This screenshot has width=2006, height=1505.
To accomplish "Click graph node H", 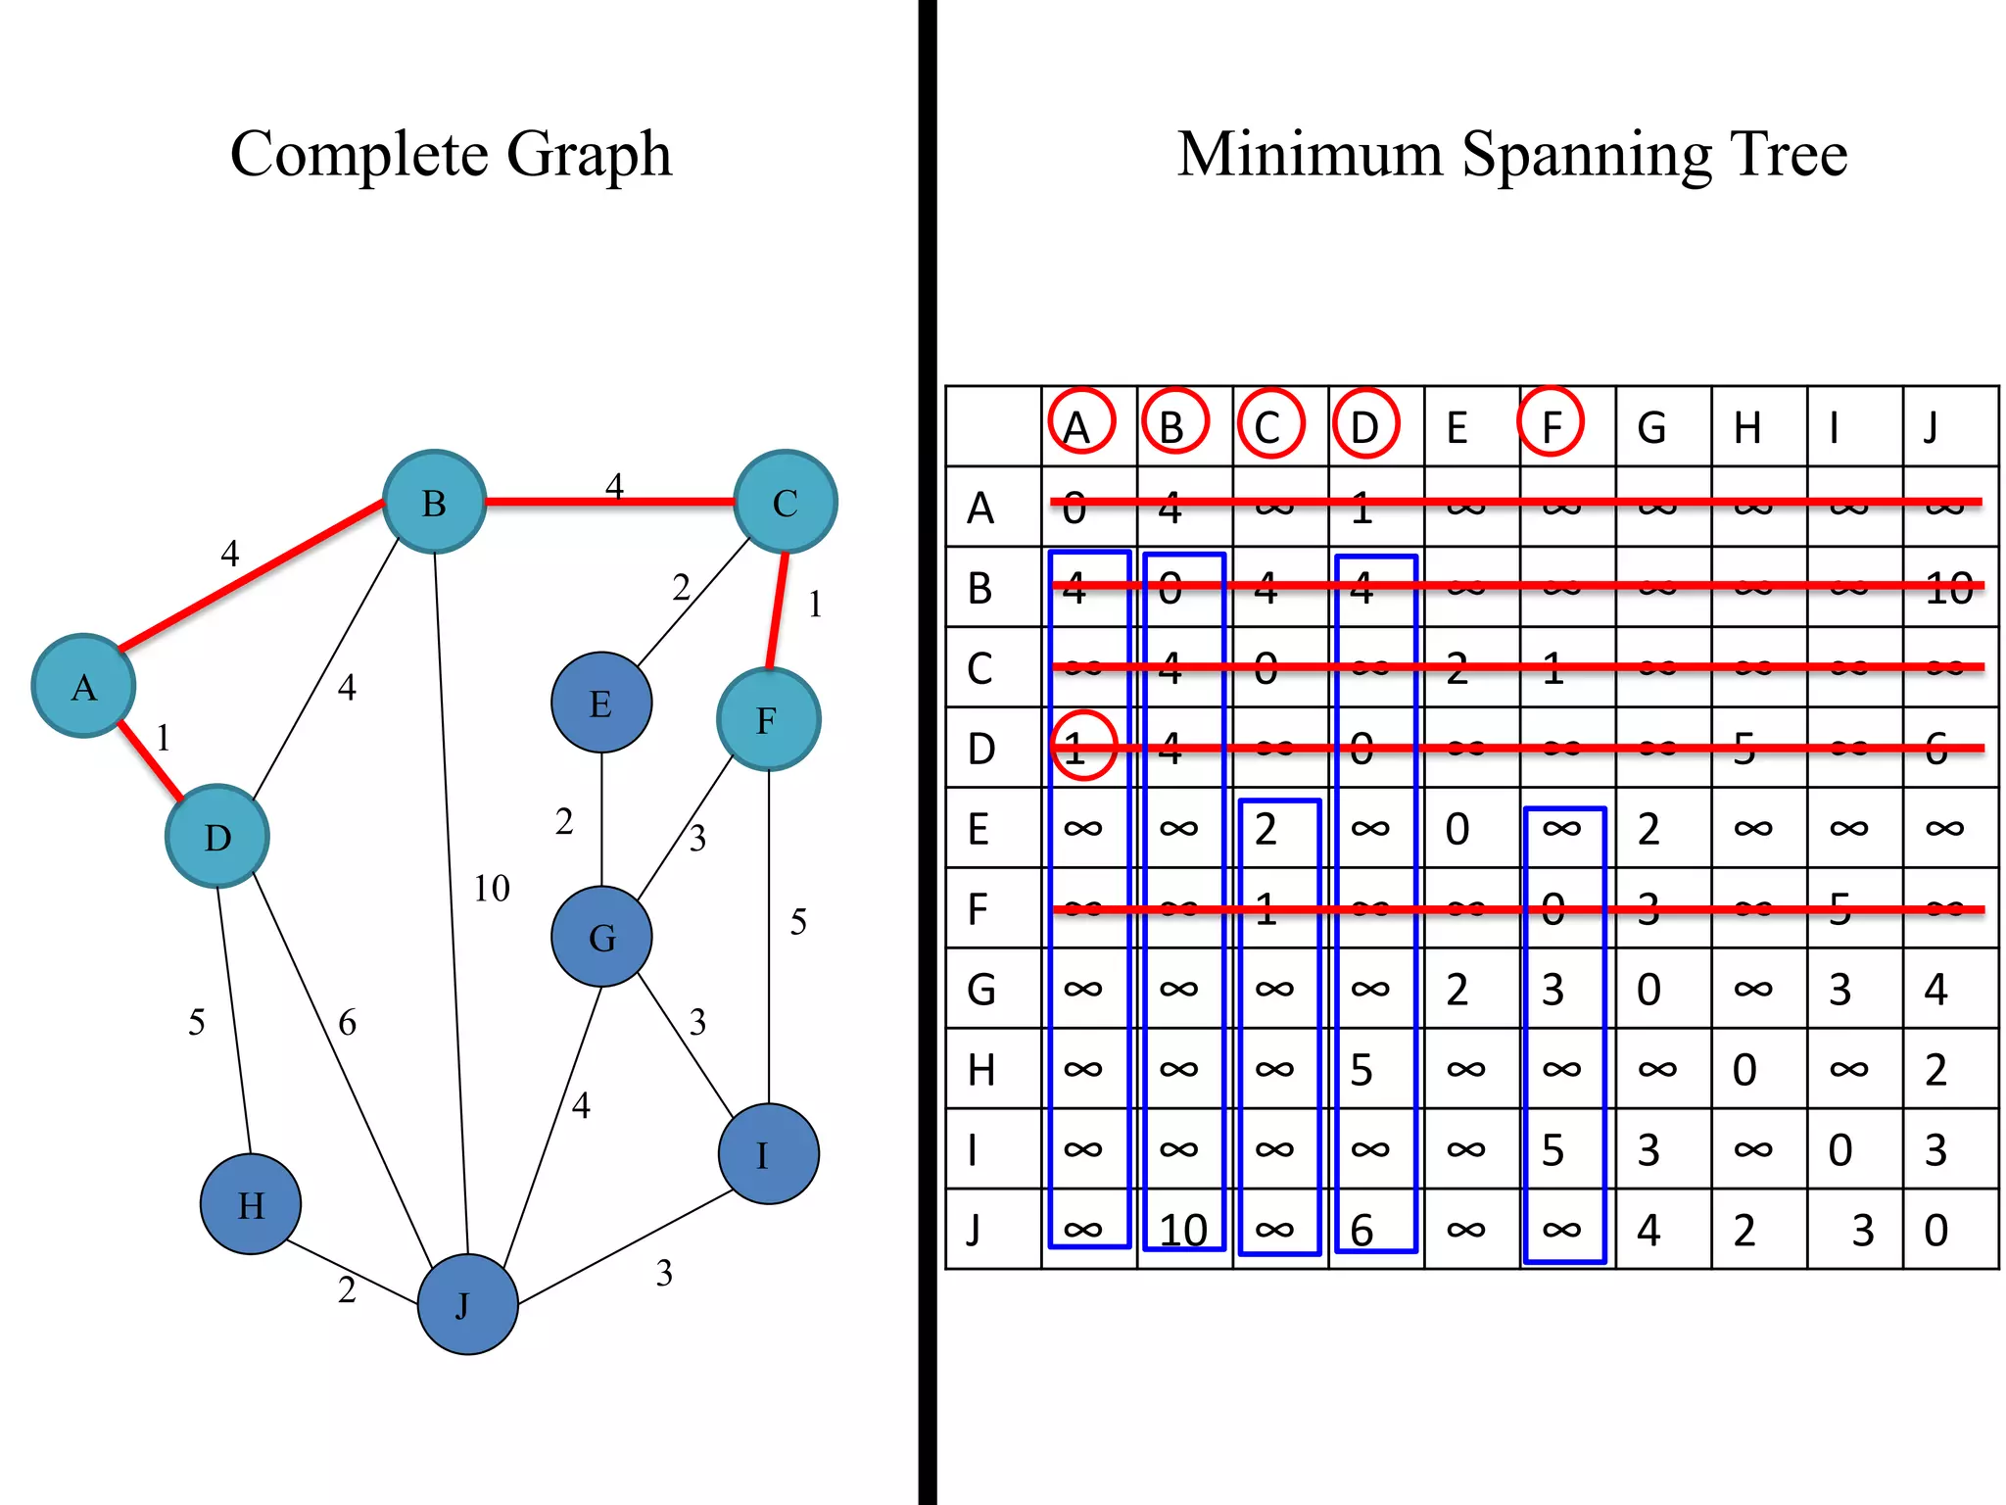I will click(x=251, y=1204).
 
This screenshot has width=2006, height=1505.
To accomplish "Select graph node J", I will click(x=467, y=1304).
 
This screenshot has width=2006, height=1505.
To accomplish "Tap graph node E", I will click(x=601, y=703).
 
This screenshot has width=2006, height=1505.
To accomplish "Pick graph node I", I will click(x=768, y=1154).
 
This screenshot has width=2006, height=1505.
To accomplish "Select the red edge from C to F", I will click(x=778, y=609).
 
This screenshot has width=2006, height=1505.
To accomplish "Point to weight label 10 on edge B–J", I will click(x=492, y=889).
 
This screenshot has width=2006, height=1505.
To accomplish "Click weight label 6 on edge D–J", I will click(x=348, y=1023).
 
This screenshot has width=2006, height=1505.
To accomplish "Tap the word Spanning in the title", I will click(x=1587, y=155).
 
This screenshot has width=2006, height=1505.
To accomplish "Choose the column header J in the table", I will click(x=1931, y=428).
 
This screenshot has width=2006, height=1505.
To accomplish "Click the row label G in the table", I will click(x=980, y=990).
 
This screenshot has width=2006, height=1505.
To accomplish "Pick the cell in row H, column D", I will click(x=1362, y=1070).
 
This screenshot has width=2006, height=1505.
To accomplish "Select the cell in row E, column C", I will click(x=1266, y=830).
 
